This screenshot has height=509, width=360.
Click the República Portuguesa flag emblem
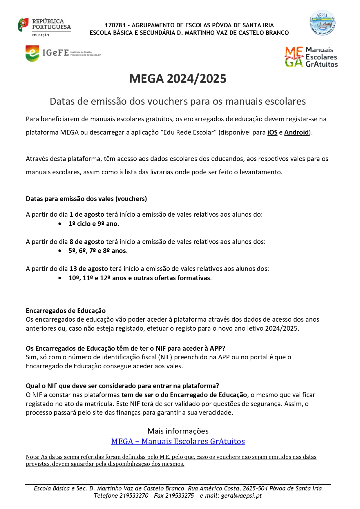[23, 25]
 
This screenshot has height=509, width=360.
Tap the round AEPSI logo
[322, 23]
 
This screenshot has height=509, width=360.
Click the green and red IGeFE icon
[32, 53]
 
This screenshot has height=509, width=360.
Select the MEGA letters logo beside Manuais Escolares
[294, 57]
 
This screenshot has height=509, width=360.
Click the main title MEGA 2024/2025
[178, 79]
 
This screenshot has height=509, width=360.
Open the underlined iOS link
[272, 133]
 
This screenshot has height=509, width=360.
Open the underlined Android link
[296, 133]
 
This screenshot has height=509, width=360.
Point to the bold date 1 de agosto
[87, 214]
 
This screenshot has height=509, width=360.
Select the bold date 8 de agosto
[87, 242]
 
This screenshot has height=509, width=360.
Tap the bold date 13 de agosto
[88, 269]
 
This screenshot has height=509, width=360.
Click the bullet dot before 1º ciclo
[60, 224]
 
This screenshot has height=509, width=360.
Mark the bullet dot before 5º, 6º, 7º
[60, 251]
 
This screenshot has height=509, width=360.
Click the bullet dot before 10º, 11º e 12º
[60, 278]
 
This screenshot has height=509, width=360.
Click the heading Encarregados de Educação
[66, 311]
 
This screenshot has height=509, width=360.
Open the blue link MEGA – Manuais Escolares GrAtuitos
[178, 441]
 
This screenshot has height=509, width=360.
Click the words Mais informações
[178, 431]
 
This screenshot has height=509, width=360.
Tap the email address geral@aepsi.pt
[241, 495]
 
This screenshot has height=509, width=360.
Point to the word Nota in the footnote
[32, 457]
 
